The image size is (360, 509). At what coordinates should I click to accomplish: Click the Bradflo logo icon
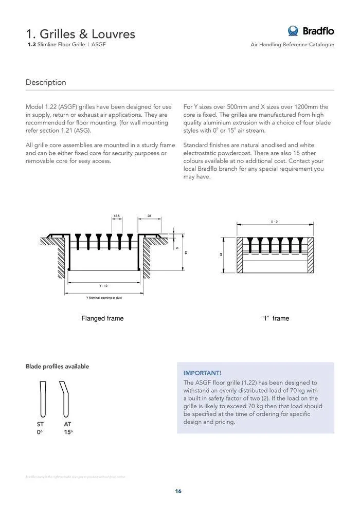point(293,31)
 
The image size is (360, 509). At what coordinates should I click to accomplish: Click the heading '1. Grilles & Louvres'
point(81,34)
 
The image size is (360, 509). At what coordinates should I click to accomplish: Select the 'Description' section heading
point(46,82)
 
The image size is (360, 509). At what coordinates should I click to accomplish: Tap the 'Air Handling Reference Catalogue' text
point(292,45)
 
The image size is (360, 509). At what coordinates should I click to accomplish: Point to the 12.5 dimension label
point(117,216)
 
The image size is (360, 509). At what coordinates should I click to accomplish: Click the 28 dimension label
point(149,216)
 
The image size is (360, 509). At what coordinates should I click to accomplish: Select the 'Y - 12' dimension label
point(103,285)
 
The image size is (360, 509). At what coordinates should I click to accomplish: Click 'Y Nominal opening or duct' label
point(104,298)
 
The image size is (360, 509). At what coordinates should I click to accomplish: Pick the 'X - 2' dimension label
point(274,221)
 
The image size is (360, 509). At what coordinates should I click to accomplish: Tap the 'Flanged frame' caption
point(102,318)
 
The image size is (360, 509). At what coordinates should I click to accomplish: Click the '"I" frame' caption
point(276,318)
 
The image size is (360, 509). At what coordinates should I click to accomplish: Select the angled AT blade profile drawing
point(65,399)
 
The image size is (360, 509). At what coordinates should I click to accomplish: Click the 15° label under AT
point(68,432)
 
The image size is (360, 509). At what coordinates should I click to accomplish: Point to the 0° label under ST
point(40,432)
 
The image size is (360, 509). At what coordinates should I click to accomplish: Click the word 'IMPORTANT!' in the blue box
point(203,373)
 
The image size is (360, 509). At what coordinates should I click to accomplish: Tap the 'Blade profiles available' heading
point(57,367)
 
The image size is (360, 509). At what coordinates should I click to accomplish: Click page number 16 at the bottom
point(178,491)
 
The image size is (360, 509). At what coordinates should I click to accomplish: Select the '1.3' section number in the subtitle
point(31,45)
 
